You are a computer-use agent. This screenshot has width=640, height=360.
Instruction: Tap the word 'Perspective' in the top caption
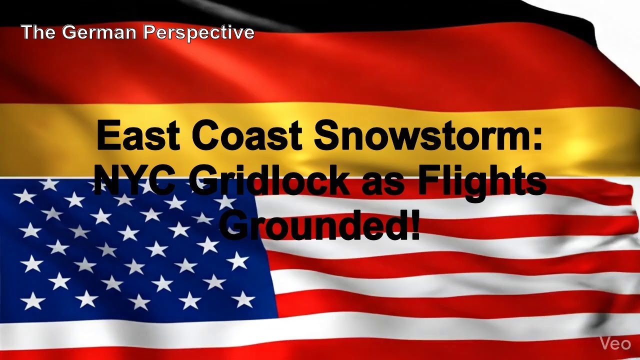pyautogui.click(x=199, y=33)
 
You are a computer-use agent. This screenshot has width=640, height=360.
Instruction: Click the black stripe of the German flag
pyautogui.click(x=350, y=12)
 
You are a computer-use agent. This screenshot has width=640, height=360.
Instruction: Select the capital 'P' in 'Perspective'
pyautogui.click(x=148, y=33)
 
